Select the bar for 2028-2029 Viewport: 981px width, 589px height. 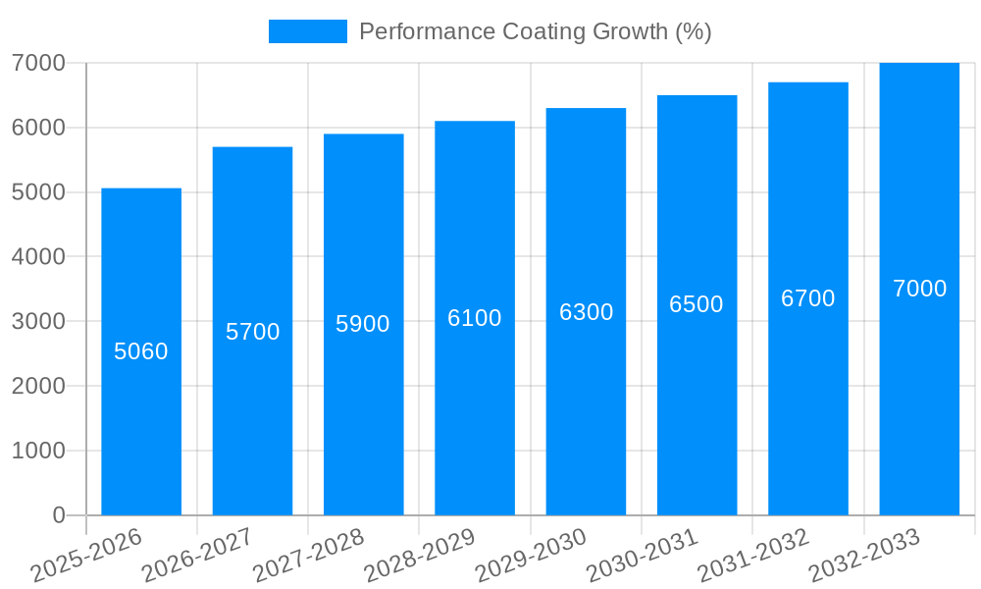pyautogui.click(x=475, y=412)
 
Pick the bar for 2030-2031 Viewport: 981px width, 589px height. pyautogui.click(x=697, y=412)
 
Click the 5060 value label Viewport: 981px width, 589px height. pyautogui.click(x=141, y=351)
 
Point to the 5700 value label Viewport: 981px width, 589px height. pyautogui.click(x=253, y=332)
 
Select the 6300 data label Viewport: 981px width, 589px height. pyautogui.click(x=587, y=312)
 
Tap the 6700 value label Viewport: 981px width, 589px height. pyautogui.click(x=808, y=298)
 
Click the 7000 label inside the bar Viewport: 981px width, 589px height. pyautogui.click(x=919, y=289)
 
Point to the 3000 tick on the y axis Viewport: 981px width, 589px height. pyautogui.click(x=38, y=321)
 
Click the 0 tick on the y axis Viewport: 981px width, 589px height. pyautogui.click(x=58, y=515)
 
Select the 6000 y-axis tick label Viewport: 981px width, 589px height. pyautogui.click(x=38, y=128)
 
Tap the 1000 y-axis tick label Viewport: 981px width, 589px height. pyautogui.click(x=38, y=451)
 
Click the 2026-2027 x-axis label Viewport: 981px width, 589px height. pyautogui.click(x=197, y=556)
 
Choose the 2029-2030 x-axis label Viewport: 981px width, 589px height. pyautogui.click(x=531, y=556)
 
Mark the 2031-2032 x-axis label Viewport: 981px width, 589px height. pyautogui.click(x=753, y=556)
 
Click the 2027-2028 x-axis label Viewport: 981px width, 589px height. pyautogui.click(x=309, y=556)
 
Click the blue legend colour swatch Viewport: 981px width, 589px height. pyautogui.click(x=307, y=31)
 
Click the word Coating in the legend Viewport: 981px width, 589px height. pyautogui.click(x=544, y=31)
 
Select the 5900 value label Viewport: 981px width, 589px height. pyautogui.click(x=363, y=324)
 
